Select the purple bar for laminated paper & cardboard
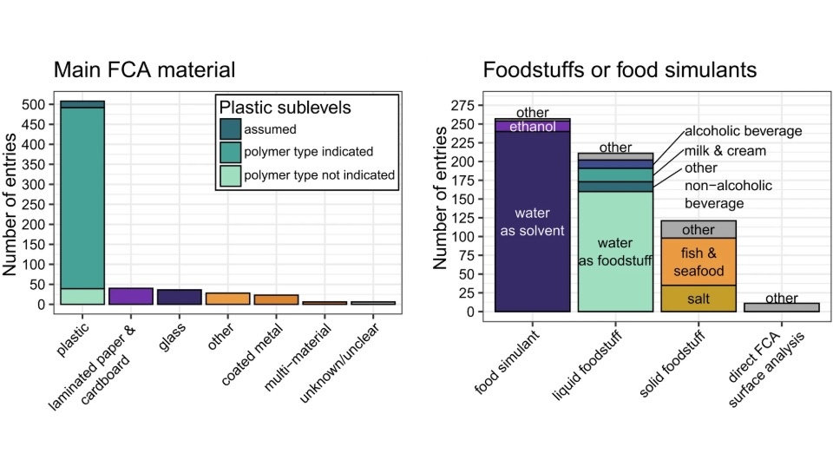pyautogui.click(x=130, y=296)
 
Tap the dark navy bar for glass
pyautogui.click(x=180, y=297)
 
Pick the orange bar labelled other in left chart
pyautogui.click(x=227, y=299)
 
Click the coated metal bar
pyautogui.click(x=276, y=299)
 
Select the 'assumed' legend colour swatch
pyautogui.click(x=230, y=129)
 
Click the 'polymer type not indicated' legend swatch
pyautogui.click(x=230, y=174)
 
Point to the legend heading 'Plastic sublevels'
pyautogui.click(x=285, y=108)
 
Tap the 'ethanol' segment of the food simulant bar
pyautogui.click(x=533, y=127)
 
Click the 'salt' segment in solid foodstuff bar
pyautogui.click(x=699, y=299)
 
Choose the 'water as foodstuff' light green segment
pyautogui.click(x=615, y=252)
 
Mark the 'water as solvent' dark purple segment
pyautogui.click(x=533, y=221)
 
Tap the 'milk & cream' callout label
pyautogui.click(x=725, y=150)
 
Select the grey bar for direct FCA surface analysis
pyautogui.click(x=782, y=307)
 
